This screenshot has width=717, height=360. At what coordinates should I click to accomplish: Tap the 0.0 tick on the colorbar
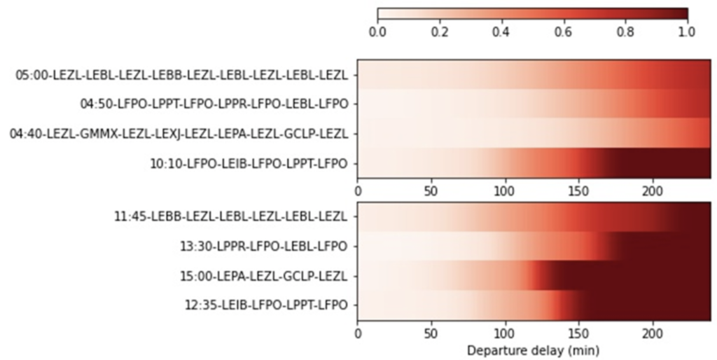377,32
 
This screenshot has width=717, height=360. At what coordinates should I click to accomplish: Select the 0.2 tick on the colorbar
439,32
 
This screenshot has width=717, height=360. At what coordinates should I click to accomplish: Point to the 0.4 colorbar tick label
501,32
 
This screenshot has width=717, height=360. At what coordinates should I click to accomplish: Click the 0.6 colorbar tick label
563,32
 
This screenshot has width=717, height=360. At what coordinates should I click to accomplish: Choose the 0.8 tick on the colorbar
625,32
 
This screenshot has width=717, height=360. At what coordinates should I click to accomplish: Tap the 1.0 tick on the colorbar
687,32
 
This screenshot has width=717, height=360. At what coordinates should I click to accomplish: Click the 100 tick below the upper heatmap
505,191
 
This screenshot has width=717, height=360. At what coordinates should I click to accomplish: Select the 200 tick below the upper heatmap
653,191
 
